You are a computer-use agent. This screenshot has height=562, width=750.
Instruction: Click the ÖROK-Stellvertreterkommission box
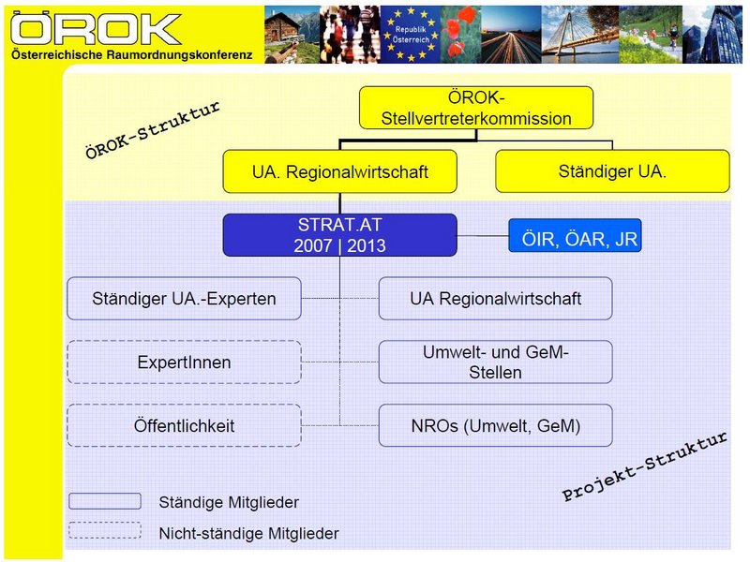pos(476,108)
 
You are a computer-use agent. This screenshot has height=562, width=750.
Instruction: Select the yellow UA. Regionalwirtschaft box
pos(339,171)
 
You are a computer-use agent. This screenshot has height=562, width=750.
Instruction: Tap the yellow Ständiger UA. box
pos(612,171)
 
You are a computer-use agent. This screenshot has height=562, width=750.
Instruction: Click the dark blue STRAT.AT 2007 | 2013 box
pos(339,235)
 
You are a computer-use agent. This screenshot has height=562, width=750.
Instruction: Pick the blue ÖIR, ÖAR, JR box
pos(575,236)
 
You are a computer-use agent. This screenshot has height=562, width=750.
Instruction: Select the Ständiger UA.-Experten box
pos(184,299)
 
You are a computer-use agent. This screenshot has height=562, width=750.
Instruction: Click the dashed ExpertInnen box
pos(184,362)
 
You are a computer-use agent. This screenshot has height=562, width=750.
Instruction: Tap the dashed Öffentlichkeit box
pos(184,426)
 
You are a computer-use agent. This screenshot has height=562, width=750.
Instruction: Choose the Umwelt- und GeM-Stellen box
pos(496,362)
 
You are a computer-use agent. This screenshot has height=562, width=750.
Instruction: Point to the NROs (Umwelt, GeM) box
pos(496,426)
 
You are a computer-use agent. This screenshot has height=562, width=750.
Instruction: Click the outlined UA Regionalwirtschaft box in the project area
pos(496,299)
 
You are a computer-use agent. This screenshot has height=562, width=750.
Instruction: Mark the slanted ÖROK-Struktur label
pos(153,130)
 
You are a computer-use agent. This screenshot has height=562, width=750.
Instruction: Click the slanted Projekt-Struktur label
pos(645,466)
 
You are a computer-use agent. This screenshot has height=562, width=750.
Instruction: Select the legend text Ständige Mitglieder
pos(229,502)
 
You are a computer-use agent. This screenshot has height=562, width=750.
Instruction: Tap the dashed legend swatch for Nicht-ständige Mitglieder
pos(105,530)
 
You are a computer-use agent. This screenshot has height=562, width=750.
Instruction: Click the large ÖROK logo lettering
pos(96,29)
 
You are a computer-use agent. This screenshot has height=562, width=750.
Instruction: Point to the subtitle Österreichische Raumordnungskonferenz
pos(131,55)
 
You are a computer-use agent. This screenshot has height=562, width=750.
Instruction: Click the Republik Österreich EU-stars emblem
pos(411,35)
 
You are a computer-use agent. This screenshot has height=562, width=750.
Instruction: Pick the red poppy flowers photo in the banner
pos(460,35)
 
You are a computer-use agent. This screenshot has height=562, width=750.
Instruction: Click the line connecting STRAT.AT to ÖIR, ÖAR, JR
pos(483,236)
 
